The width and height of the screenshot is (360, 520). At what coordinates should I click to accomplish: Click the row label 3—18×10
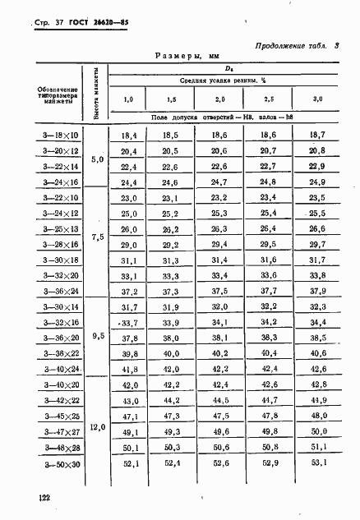click(58, 135)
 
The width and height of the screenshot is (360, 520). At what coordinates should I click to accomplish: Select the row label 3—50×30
click(58, 466)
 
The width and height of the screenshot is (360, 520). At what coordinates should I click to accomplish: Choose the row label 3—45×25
click(58, 416)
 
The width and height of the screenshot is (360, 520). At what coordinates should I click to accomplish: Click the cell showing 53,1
click(317, 466)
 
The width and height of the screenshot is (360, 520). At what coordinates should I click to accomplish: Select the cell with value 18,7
click(317, 135)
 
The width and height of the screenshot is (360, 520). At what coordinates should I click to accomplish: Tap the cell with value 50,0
click(317, 431)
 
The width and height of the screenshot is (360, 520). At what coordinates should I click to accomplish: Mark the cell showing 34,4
click(317, 321)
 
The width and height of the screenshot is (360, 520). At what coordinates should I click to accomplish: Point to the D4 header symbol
click(222, 68)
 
